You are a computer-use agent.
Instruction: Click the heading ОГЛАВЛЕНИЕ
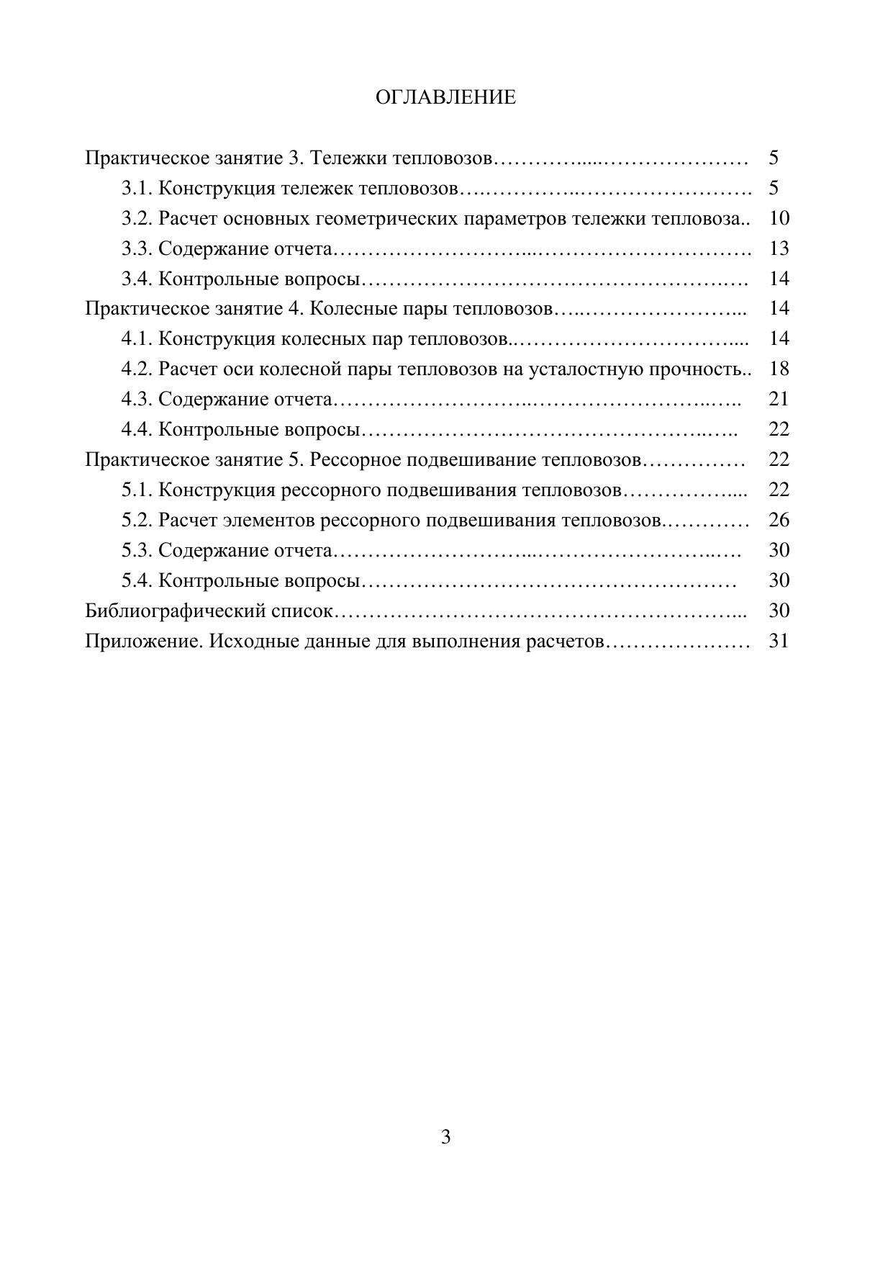(x=445, y=97)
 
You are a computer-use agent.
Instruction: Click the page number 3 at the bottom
(x=445, y=1137)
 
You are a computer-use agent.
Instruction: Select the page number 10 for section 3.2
(x=779, y=218)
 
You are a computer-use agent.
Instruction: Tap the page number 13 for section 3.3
(x=779, y=248)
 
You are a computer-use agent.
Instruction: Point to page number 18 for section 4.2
(x=779, y=369)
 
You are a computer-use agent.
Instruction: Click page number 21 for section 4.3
(x=779, y=399)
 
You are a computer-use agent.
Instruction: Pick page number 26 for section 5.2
(x=779, y=520)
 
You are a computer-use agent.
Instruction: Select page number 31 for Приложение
(x=779, y=640)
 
